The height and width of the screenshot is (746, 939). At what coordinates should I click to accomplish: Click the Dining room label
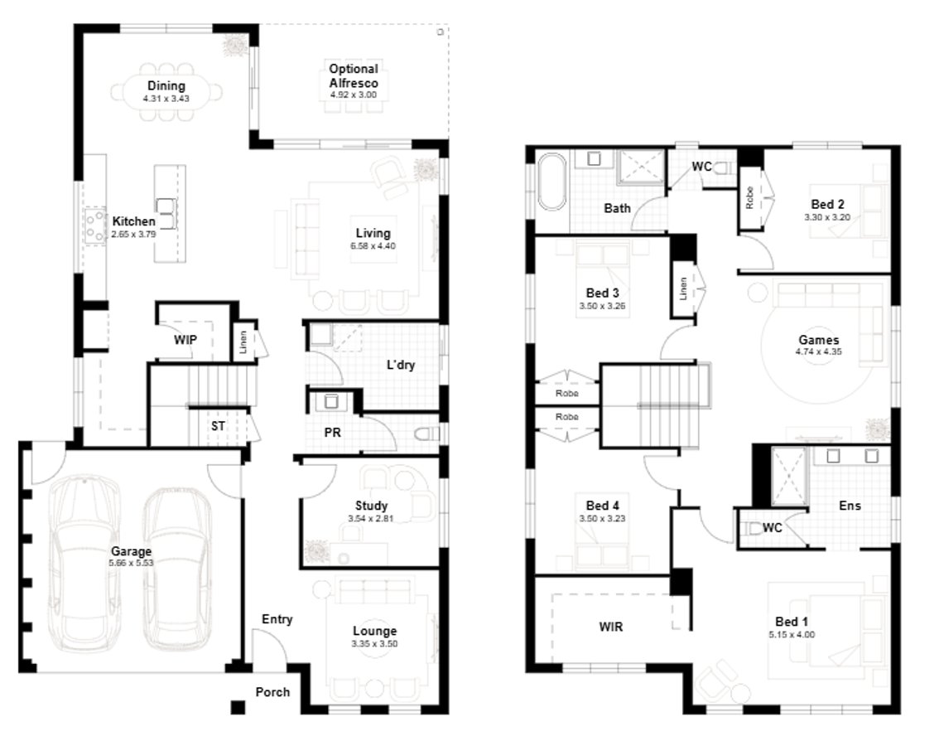coord(166,86)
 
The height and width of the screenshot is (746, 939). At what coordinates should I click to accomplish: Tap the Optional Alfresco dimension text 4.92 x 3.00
coord(353,95)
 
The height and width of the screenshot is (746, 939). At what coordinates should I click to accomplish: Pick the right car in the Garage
coord(176,564)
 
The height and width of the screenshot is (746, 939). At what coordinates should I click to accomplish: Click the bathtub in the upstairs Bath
coord(551,183)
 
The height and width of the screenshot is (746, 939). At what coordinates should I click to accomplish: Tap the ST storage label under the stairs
coord(218,426)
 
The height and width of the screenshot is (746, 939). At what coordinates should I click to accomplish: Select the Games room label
coord(818,340)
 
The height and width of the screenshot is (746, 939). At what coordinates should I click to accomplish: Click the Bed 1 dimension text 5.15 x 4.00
coord(787,634)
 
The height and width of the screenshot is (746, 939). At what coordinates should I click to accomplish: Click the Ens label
coord(849,506)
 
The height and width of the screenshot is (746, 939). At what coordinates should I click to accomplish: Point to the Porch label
coord(272,691)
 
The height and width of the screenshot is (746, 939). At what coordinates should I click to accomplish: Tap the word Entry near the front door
coord(277,619)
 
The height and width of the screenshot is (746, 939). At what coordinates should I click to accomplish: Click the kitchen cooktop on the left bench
coord(93,226)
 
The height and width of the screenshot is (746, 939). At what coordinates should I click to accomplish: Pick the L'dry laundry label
coord(400,365)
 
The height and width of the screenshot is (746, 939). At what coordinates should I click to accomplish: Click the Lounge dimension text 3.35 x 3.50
coord(374,643)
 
